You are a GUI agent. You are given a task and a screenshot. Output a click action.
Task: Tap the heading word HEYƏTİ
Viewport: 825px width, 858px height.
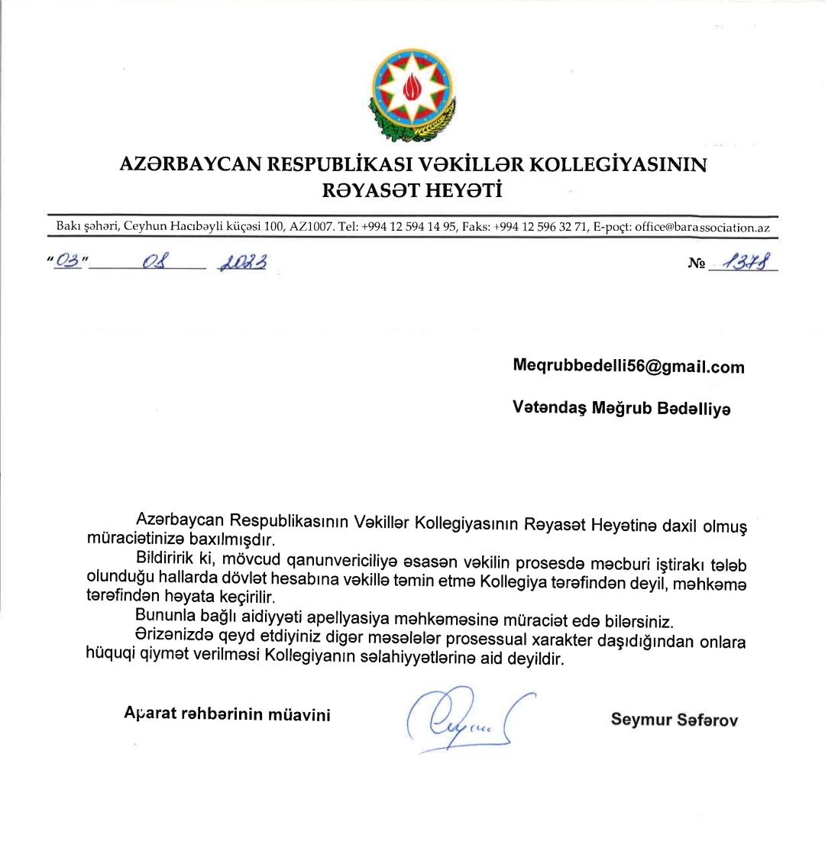click(x=462, y=190)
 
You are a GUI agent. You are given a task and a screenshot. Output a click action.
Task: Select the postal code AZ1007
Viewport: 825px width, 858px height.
click(x=311, y=227)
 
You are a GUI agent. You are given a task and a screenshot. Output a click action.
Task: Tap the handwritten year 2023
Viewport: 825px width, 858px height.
click(x=242, y=263)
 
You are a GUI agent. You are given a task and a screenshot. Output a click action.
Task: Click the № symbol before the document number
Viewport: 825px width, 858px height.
click(x=696, y=264)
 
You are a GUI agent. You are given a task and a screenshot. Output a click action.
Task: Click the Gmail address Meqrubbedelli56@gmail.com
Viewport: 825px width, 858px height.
click(x=628, y=367)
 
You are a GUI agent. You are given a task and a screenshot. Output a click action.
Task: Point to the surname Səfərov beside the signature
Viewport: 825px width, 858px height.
click(x=707, y=720)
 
